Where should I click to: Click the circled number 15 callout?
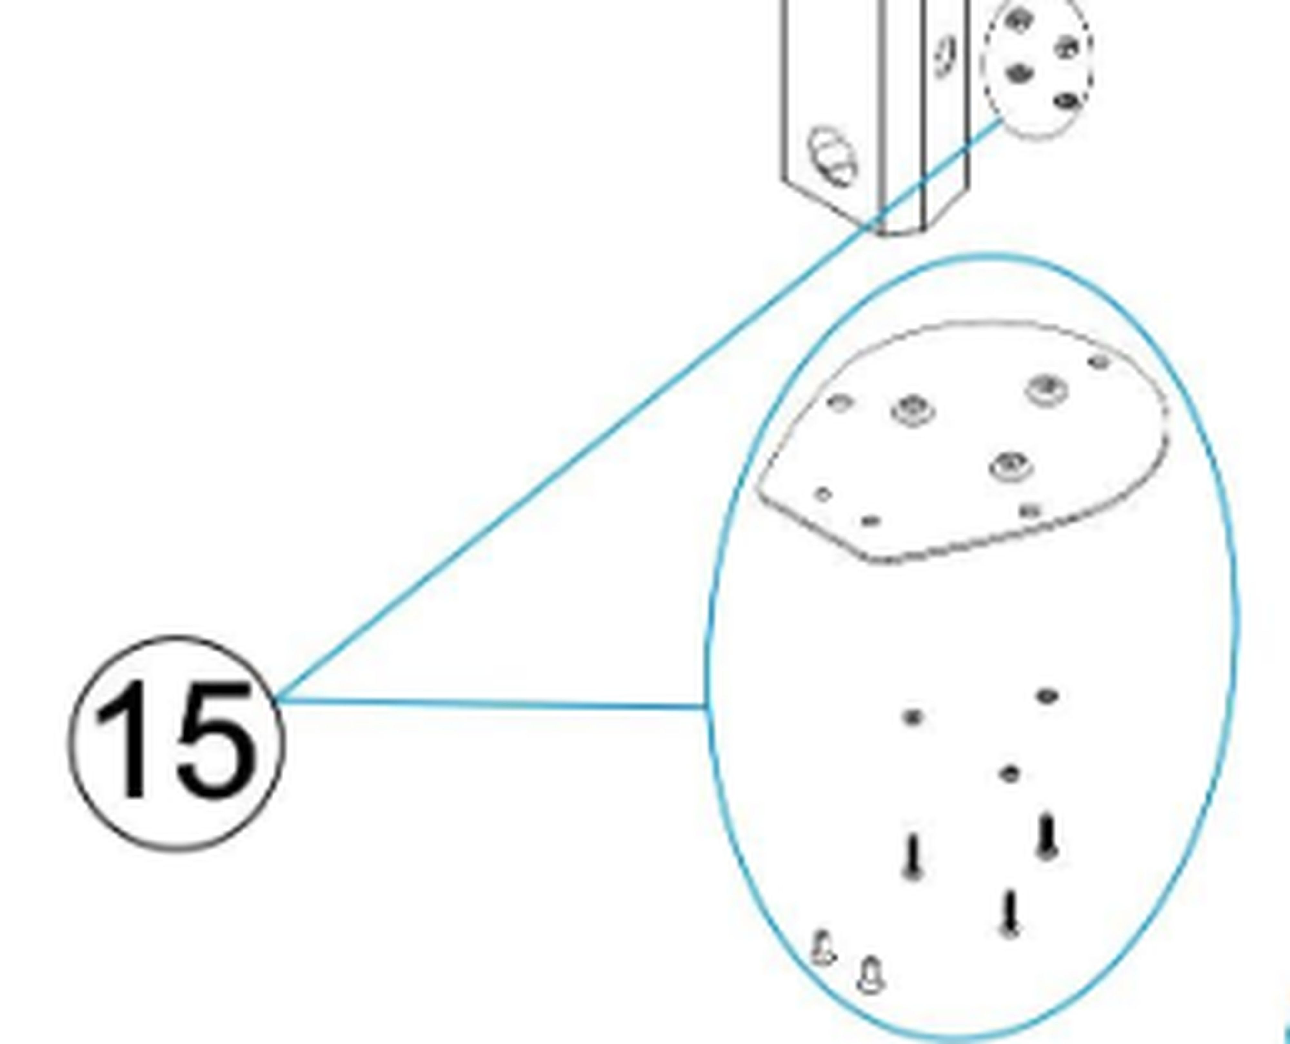tap(176, 743)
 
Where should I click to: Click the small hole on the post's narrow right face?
tap(945, 57)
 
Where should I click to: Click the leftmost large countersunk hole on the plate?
tap(913, 411)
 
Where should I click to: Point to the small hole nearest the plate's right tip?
tap(1099, 362)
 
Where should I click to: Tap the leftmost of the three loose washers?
tap(912, 717)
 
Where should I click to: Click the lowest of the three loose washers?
tap(1010, 773)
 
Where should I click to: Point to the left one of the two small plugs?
tap(823, 949)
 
